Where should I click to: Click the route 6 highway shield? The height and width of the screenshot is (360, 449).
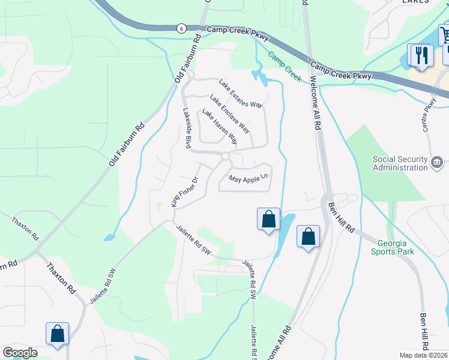tap(181, 28)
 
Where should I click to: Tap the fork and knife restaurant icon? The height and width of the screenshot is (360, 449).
tap(419, 55)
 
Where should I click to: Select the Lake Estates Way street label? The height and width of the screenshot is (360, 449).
tap(241, 94)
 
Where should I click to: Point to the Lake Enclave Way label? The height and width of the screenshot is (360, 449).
tap(229, 113)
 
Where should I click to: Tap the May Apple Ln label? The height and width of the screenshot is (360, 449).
tap(247, 179)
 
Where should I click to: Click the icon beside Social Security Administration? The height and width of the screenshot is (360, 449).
tap(436, 161)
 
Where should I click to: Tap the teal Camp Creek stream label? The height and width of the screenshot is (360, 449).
tap(285, 67)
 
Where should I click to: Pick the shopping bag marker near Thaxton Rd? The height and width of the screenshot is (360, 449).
tap(57, 334)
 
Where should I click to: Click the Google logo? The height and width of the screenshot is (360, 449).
tap(20, 353)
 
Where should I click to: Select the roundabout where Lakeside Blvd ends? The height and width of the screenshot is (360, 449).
tap(226, 157)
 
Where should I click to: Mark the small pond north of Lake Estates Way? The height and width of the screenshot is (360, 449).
tap(261, 76)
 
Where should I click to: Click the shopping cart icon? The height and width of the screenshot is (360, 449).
tap(445, 34)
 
